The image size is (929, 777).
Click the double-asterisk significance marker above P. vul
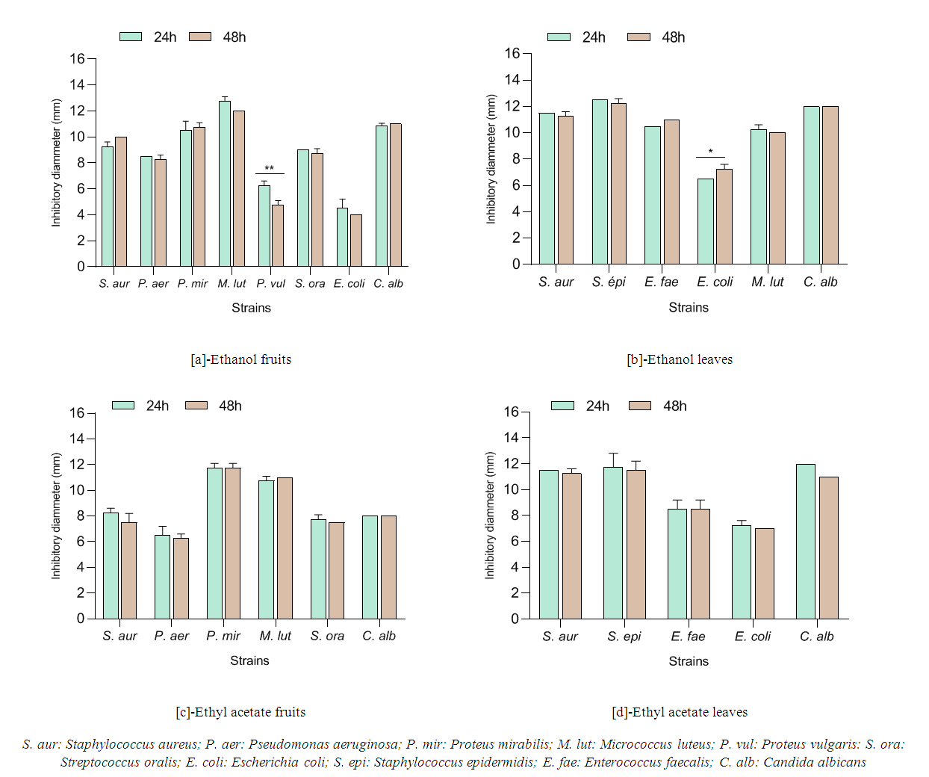tap(269, 168)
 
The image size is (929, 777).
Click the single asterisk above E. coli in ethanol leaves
tap(710, 152)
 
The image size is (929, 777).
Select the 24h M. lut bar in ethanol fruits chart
tap(225, 184)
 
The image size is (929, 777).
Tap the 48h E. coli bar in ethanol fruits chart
tap(356, 241)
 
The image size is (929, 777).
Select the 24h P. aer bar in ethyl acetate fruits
tap(162, 577)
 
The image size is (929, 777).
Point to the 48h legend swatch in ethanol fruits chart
tap(200, 37)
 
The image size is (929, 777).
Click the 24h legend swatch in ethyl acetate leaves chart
tap(562, 406)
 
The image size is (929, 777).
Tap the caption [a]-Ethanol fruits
tap(241, 359)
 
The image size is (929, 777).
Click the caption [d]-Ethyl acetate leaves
tap(680, 712)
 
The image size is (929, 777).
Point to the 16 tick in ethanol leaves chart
tap(512, 53)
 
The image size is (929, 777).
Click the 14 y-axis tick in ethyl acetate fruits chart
tap(77, 439)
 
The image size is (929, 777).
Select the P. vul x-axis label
tap(270, 284)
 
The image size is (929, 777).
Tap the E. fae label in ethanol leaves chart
tap(662, 282)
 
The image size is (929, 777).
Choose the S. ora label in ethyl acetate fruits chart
tap(327, 636)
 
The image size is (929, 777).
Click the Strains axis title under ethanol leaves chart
tap(689, 307)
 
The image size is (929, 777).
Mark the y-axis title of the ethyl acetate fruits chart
tap(56, 516)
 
